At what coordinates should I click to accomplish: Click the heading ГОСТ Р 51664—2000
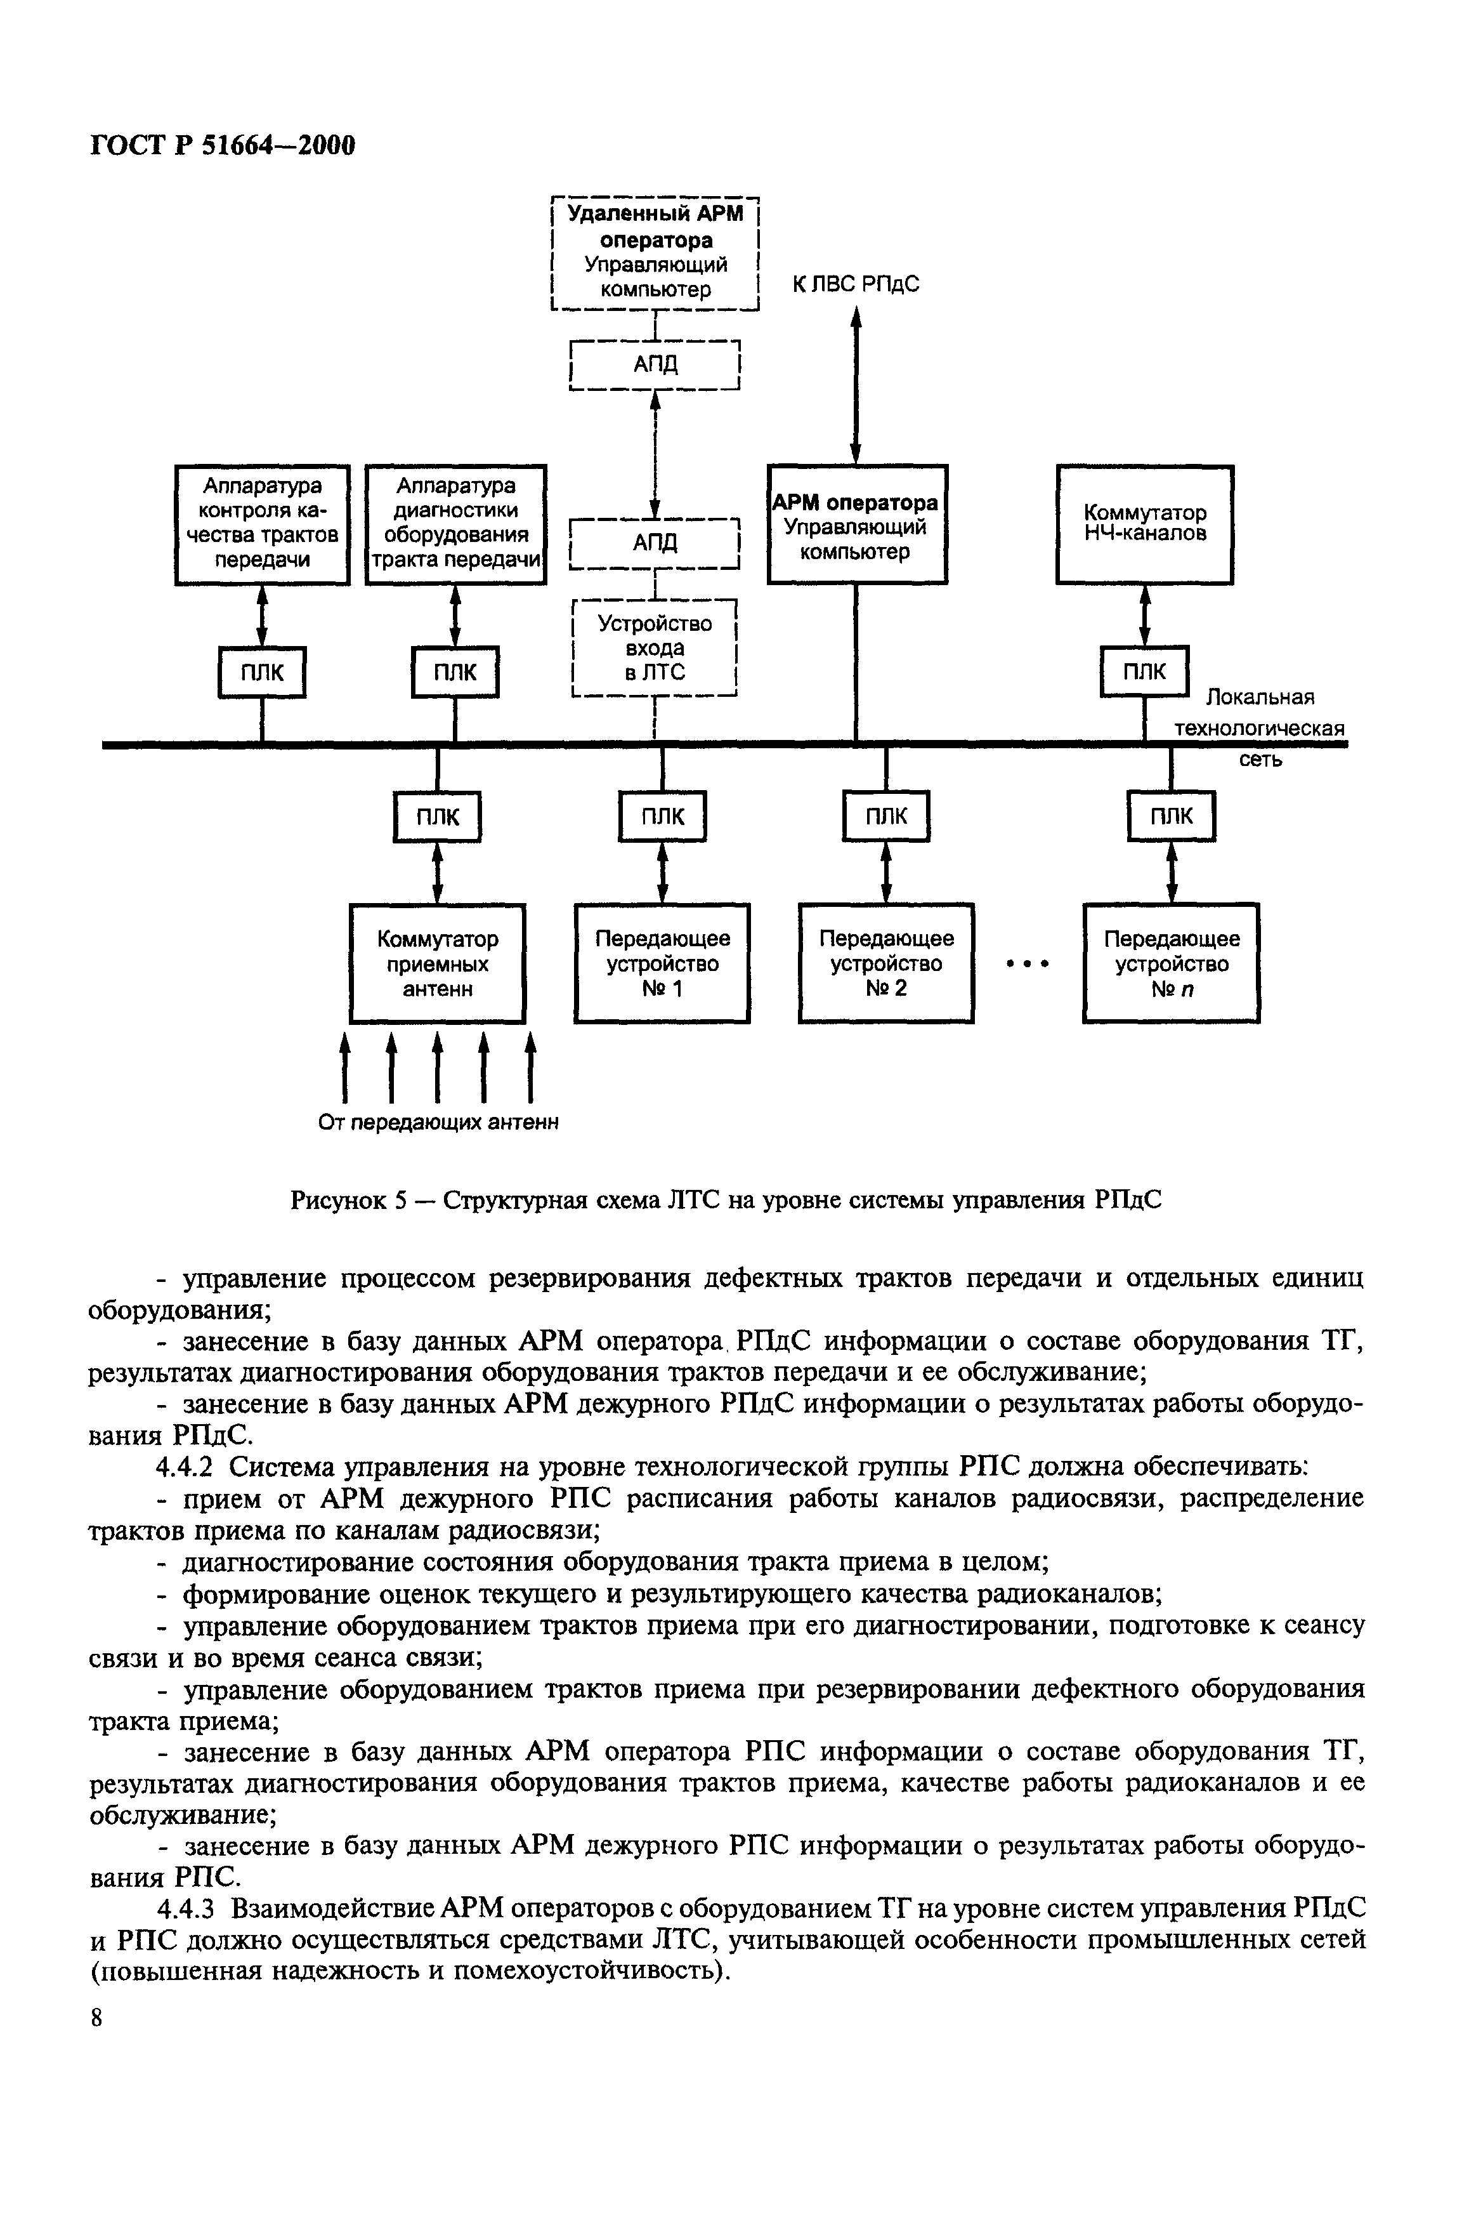(222, 145)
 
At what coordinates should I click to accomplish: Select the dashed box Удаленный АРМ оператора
(655, 253)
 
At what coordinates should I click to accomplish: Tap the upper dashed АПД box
(655, 364)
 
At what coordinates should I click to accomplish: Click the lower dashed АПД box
(655, 543)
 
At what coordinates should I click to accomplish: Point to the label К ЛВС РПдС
(855, 284)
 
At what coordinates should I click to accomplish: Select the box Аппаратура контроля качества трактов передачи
(262, 524)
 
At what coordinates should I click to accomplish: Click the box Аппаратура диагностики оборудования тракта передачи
(455, 524)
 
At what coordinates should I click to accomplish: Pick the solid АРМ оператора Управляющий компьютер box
(856, 524)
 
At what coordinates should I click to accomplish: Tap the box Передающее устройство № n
(1171, 962)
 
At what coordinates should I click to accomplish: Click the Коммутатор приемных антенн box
(438, 962)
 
